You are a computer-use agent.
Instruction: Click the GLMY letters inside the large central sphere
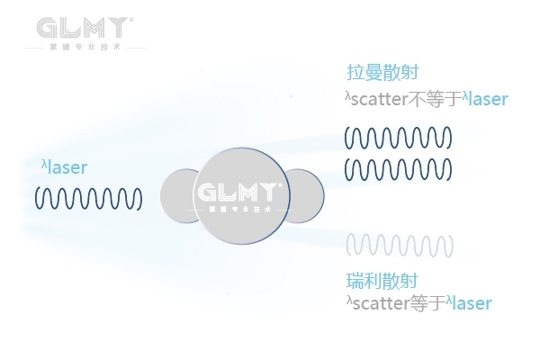point(239,193)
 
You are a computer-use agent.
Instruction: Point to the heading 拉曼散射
point(382,72)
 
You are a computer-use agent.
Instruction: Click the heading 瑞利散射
point(382,281)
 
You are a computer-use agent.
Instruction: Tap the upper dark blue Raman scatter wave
point(397,138)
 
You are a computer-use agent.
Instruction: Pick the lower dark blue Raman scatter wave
point(397,167)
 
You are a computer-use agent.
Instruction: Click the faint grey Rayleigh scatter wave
point(397,244)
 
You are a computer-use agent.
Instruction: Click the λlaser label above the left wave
point(64,167)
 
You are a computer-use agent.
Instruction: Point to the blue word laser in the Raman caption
point(489,99)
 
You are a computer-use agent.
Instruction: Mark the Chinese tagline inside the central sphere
point(239,209)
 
